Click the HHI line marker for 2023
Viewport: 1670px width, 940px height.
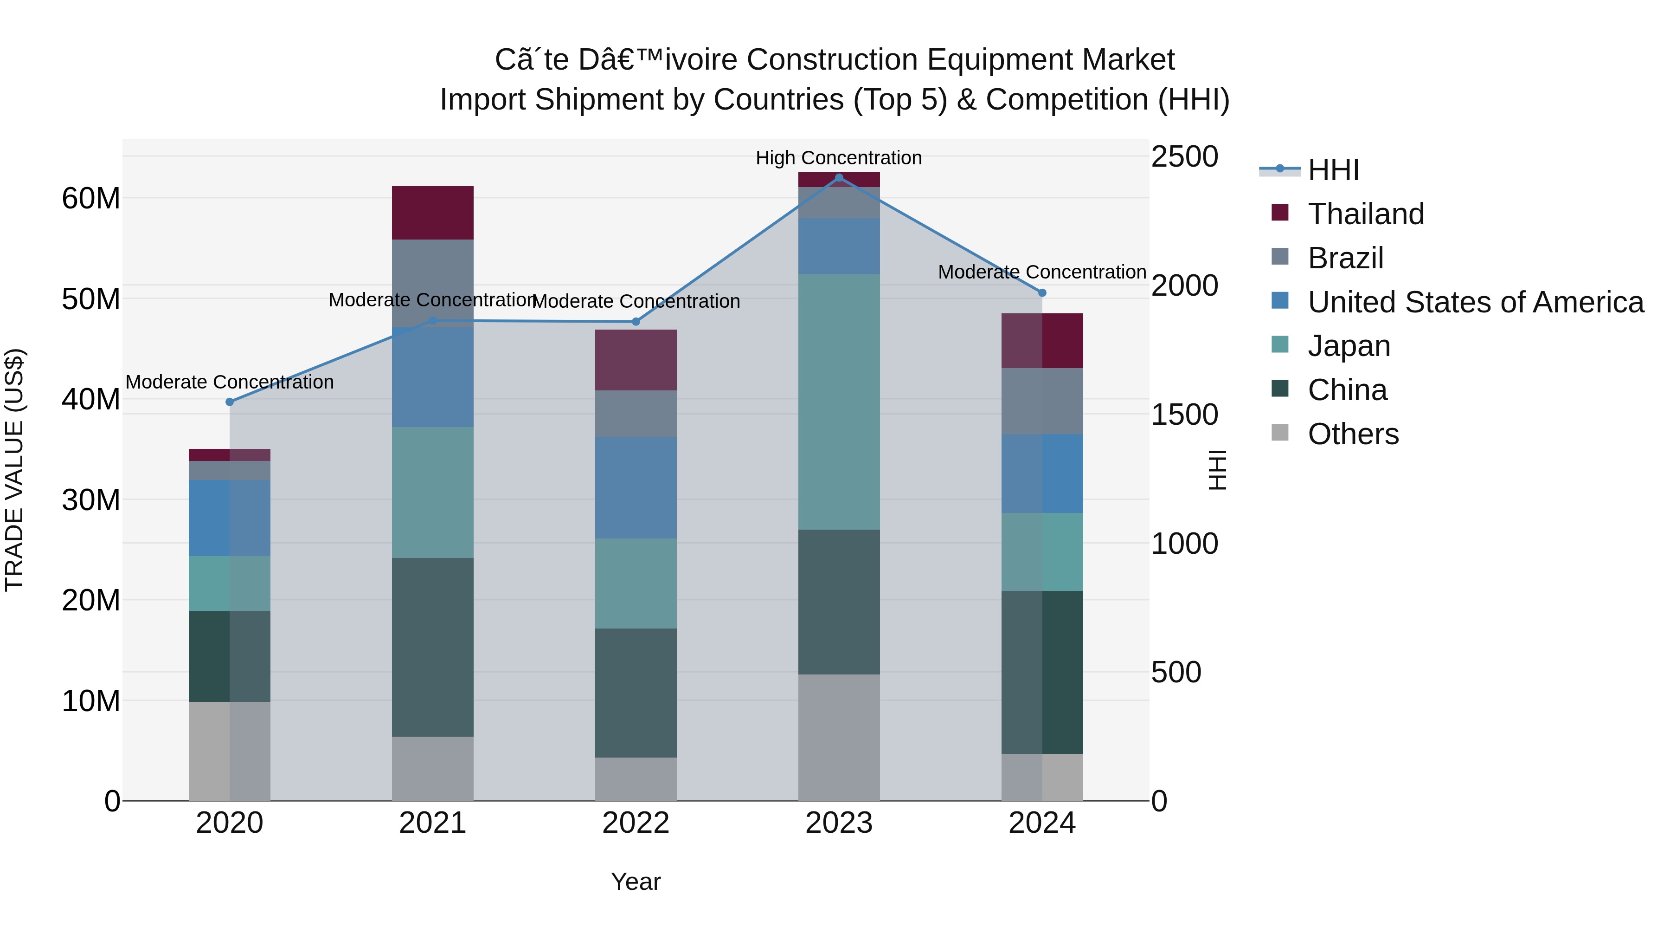[839, 177]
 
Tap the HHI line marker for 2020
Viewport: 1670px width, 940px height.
[230, 402]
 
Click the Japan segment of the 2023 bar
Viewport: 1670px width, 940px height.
[839, 402]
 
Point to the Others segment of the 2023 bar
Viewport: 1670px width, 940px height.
[839, 737]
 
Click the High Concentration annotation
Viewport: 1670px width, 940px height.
[838, 158]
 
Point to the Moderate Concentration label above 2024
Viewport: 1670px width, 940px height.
[1042, 272]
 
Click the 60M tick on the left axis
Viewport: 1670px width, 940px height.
[91, 199]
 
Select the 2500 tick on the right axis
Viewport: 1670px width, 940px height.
[1184, 157]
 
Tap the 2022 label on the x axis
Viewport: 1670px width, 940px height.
[636, 823]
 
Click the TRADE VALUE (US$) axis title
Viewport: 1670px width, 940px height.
[14, 470]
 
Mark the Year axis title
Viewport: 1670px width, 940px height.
[636, 882]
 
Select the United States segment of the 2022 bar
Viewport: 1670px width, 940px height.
[636, 487]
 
